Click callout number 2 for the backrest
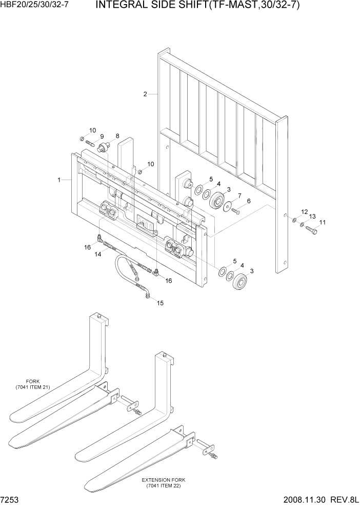coord(145,94)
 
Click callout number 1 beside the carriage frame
coord(59,180)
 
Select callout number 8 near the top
coord(117,136)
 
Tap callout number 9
coord(102,136)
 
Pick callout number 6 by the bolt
coord(249,201)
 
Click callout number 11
coord(322,222)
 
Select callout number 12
coord(304,211)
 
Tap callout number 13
coord(312,217)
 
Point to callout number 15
coord(160,303)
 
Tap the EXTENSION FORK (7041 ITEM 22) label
coord(164,483)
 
